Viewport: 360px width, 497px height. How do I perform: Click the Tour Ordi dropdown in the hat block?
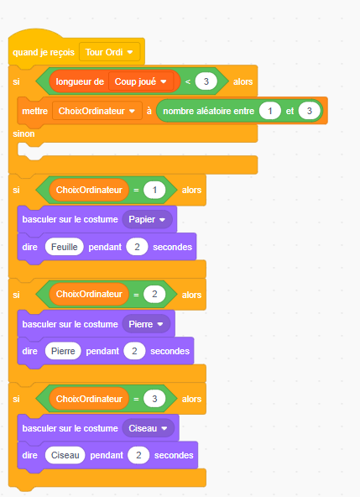[109, 52]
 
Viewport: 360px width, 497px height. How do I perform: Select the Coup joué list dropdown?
[141, 81]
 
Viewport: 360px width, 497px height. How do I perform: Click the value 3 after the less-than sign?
[206, 81]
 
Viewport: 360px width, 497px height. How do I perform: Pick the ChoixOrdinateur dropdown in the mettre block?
[97, 111]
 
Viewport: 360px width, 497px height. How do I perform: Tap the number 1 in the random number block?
[270, 111]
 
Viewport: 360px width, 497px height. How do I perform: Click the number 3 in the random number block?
[310, 111]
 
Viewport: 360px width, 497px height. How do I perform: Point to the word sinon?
[23, 133]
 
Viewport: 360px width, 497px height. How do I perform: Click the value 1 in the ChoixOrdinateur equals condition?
[154, 191]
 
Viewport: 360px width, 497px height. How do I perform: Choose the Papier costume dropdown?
[148, 219]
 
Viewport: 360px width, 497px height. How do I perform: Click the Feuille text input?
[65, 247]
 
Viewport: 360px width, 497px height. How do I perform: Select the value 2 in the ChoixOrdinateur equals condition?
[154, 294]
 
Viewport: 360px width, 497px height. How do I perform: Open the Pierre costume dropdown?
[146, 324]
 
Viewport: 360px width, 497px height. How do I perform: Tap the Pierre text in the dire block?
[63, 351]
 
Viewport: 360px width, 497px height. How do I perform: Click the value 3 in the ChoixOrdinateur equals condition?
[154, 399]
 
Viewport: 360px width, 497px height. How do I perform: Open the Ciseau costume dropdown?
[148, 428]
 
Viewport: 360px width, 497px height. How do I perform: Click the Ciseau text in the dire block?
[65, 455]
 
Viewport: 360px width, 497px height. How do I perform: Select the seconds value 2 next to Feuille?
[137, 247]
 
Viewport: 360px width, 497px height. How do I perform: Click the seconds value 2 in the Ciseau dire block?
[138, 455]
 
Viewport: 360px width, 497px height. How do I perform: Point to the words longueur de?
[80, 81]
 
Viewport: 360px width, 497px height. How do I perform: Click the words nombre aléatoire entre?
[208, 111]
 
